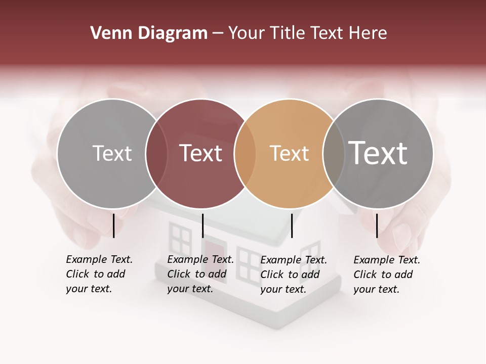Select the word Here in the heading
tap(369, 33)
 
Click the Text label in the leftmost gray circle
tap(112, 153)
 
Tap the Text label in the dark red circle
tap(200, 153)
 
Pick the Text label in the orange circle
tap(289, 153)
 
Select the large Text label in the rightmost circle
tap(378, 153)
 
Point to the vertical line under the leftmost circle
tap(114, 225)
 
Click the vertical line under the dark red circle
tap(202, 225)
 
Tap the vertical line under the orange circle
tap(292, 225)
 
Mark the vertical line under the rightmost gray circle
tap(377, 225)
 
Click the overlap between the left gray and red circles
tap(156, 153)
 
